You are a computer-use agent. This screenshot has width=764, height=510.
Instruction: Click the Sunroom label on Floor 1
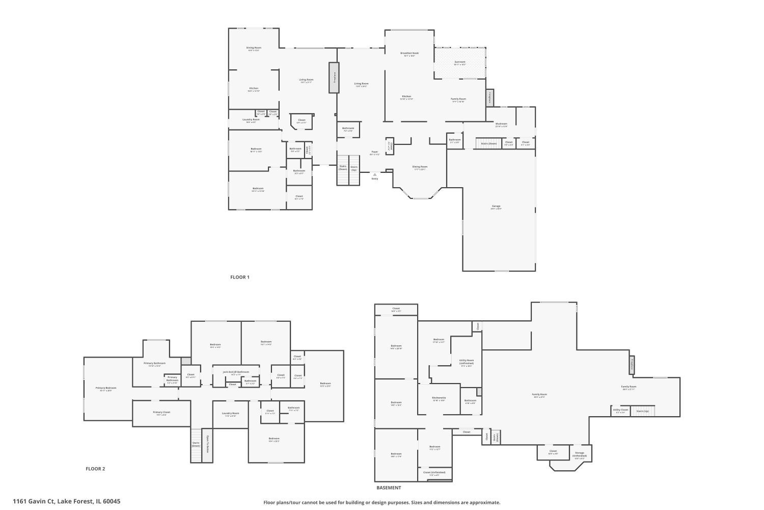460,62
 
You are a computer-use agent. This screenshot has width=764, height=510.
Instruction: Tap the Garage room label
496,207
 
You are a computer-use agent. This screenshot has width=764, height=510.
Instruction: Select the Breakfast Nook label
410,53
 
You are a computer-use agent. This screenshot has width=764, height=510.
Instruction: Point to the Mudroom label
501,124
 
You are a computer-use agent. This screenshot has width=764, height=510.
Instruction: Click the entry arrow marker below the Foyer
375,174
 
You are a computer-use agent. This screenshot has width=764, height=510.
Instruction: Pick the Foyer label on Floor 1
374,152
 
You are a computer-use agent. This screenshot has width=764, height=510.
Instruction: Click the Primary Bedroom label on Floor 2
106,388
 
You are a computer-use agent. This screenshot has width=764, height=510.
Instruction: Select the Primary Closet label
161,412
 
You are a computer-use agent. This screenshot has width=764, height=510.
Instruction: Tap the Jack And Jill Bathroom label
236,372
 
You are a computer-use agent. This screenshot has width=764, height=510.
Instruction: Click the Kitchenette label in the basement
439,398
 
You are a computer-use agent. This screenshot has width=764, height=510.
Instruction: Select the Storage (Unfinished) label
580,453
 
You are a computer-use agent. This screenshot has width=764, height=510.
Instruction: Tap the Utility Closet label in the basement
620,410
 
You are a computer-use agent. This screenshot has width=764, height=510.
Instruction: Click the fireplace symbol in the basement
632,365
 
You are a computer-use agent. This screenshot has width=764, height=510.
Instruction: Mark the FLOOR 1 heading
240,277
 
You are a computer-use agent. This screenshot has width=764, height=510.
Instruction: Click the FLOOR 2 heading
95,469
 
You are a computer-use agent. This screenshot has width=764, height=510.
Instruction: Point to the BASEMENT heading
389,488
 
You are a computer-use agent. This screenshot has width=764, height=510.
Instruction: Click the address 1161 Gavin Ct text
67,501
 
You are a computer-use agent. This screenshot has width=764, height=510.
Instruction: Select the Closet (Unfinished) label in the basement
434,473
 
